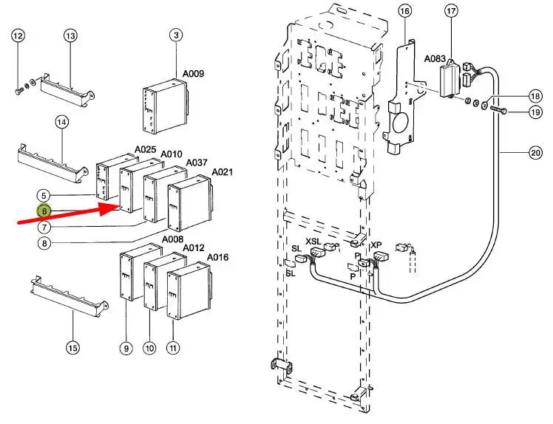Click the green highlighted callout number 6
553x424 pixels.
pyautogui.click(x=44, y=211)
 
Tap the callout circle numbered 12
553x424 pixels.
pyautogui.click(x=18, y=35)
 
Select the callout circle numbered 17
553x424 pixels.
pyautogui.click(x=452, y=11)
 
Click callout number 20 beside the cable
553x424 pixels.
pyautogui.click(x=535, y=153)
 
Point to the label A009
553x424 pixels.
pyautogui.click(x=193, y=74)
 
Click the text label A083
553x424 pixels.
pyautogui.click(x=435, y=58)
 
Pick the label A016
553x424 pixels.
pyautogui.click(x=217, y=257)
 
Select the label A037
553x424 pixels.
pyautogui.click(x=197, y=163)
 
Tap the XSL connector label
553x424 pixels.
pyautogui.click(x=313, y=242)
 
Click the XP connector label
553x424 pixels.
pyautogui.click(x=376, y=245)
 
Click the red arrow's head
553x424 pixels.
pyautogui.click(x=109, y=208)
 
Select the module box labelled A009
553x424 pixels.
pyautogui.click(x=165, y=106)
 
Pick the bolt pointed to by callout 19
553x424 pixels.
pyautogui.click(x=498, y=111)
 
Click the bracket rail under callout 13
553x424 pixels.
pyautogui.click(x=67, y=91)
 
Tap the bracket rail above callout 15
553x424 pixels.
pyautogui.click(x=69, y=297)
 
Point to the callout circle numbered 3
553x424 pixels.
pyautogui.click(x=176, y=35)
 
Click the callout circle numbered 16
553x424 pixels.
pyautogui.click(x=405, y=11)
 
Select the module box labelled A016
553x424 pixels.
pyautogui.click(x=189, y=290)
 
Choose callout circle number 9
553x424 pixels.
pyautogui.click(x=126, y=348)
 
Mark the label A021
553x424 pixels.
pyautogui.click(x=223, y=172)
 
